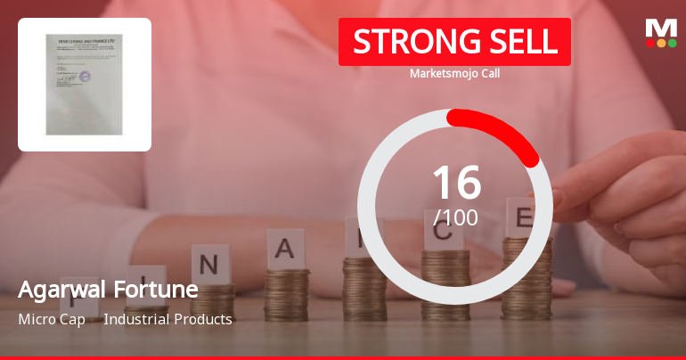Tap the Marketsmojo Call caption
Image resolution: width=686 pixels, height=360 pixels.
[x=454, y=74]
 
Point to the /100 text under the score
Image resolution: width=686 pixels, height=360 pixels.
[x=455, y=217]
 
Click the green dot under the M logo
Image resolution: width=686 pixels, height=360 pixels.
[x=673, y=43]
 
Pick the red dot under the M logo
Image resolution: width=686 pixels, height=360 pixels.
[x=649, y=43]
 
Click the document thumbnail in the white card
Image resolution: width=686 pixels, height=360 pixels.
[x=84, y=85]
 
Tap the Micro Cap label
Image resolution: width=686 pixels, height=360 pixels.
[x=52, y=319]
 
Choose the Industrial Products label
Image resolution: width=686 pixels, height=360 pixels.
[x=167, y=319]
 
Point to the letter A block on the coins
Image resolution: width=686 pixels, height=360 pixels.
[x=285, y=248]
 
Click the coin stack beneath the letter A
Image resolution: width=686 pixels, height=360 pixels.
[x=287, y=294]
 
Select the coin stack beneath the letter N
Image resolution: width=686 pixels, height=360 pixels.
[x=212, y=301]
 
